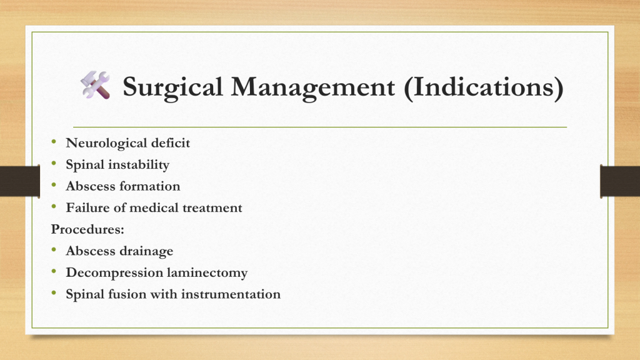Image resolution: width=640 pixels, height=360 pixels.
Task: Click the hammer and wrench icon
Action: click(x=95, y=85)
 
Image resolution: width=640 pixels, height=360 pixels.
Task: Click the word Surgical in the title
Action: click(x=172, y=87)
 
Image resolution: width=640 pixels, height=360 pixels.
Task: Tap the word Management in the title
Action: click(x=313, y=87)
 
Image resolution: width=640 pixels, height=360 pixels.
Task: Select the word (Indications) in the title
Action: click(x=484, y=87)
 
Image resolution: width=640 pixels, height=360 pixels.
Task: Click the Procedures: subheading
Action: click(x=87, y=229)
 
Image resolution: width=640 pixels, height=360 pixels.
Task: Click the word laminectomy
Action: click(x=207, y=272)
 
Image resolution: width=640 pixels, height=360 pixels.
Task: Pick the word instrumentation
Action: click(x=231, y=294)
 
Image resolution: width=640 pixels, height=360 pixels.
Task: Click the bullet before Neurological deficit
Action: click(x=54, y=142)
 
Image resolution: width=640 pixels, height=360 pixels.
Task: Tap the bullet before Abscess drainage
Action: click(x=54, y=250)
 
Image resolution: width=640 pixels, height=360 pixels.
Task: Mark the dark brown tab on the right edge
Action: click(x=620, y=181)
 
